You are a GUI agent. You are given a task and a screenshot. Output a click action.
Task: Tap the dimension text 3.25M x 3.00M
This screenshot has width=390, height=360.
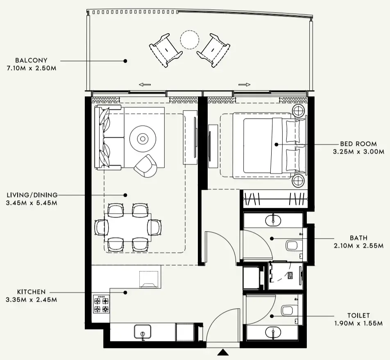point(358,152)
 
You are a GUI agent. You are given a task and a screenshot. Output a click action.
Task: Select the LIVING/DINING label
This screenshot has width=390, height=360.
point(32,195)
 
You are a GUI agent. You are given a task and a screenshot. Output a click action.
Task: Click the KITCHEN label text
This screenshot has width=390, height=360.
point(31,292)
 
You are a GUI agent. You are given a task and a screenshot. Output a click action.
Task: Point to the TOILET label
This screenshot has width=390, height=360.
point(358,315)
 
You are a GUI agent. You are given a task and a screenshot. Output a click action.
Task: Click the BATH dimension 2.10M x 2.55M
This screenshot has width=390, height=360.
point(358,246)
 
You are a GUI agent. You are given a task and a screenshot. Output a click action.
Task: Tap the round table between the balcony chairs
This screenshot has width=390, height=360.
point(190,40)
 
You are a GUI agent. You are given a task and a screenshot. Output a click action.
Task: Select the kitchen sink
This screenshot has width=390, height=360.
point(143,331)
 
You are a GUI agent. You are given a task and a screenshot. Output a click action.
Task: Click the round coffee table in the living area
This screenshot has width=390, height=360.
point(143,139)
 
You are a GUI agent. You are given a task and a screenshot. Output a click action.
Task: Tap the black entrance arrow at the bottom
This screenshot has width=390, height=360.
point(222,352)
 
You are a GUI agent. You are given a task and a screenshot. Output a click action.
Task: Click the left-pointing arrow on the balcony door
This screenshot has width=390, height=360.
point(145,85)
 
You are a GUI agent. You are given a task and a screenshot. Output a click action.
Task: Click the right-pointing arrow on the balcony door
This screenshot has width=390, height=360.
point(244,85)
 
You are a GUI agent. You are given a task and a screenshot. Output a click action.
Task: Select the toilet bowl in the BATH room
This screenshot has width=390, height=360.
point(292,246)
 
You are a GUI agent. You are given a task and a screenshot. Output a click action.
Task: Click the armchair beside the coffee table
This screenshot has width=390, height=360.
point(145,166)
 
